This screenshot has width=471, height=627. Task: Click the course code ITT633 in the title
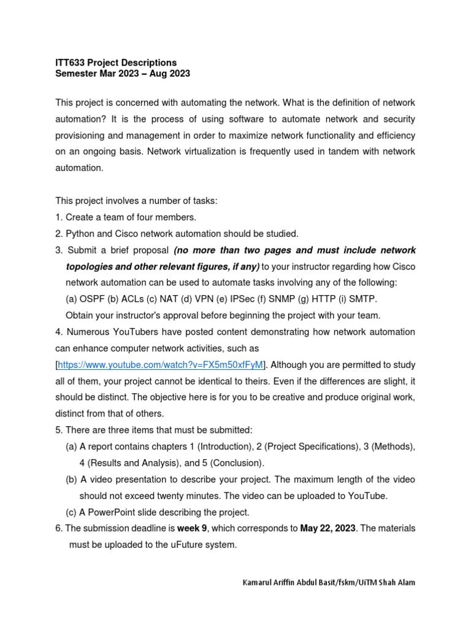coord(70,62)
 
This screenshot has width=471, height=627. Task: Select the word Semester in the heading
coord(77,73)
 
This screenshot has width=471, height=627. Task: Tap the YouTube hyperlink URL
coord(161,364)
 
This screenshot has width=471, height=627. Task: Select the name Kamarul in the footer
coord(260,582)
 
